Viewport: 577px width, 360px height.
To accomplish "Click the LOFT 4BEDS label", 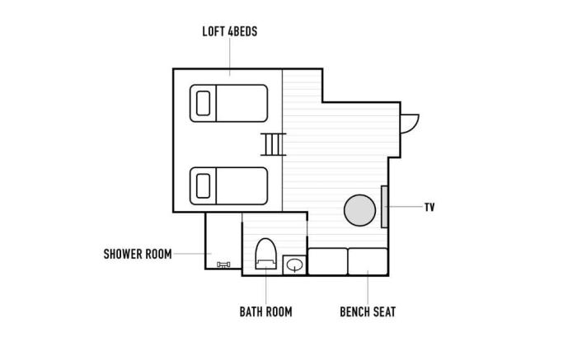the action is point(230,31).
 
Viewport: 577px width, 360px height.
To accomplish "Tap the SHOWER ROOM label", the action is point(138,254).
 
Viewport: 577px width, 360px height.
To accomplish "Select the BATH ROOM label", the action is point(265,312).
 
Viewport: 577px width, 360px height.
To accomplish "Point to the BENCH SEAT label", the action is point(368,312).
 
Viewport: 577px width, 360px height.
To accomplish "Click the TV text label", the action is point(429,207).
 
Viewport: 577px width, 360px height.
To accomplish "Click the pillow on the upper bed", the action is point(203,103).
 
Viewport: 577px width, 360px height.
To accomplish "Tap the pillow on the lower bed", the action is point(203,186).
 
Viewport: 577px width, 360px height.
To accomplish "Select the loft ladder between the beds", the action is point(274,144).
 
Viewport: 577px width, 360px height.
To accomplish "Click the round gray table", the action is point(359,210).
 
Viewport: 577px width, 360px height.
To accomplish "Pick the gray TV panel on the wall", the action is point(384,207).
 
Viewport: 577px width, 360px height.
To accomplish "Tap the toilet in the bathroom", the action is point(265,254).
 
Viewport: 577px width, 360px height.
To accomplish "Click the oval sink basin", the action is point(294,264).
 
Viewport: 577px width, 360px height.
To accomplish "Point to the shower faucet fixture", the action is point(223,264).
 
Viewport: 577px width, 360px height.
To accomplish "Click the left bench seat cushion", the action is point(327,261).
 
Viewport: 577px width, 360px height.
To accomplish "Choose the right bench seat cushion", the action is point(368,261).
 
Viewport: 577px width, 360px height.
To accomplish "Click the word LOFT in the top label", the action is point(213,31).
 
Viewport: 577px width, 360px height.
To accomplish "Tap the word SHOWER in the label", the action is point(124,254).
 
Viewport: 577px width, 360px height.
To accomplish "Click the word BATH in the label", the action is point(250,312).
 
